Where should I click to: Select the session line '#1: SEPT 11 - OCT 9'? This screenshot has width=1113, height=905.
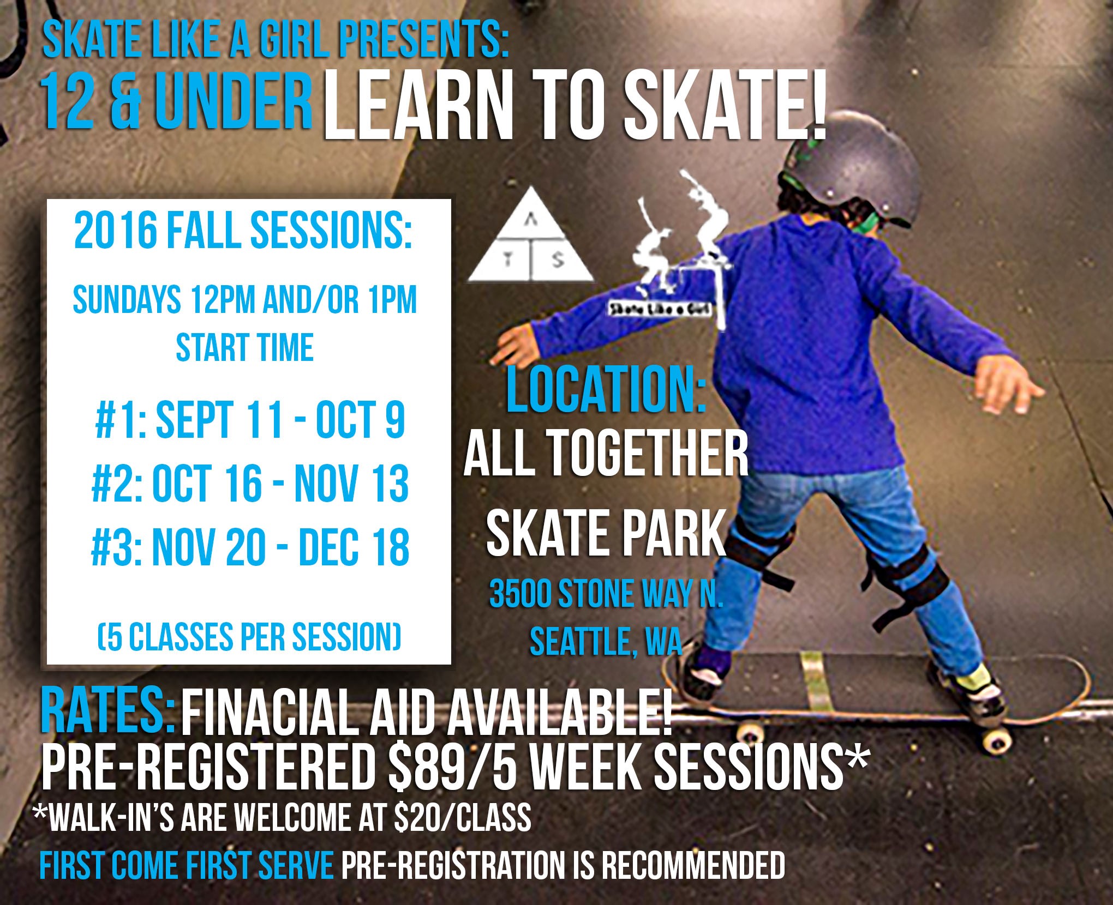pos(250,422)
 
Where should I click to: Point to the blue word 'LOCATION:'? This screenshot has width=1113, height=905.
pos(606,391)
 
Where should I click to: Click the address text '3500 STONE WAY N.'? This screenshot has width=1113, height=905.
pos(606,595)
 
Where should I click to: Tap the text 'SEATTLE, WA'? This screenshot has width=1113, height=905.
pos(606,643)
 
